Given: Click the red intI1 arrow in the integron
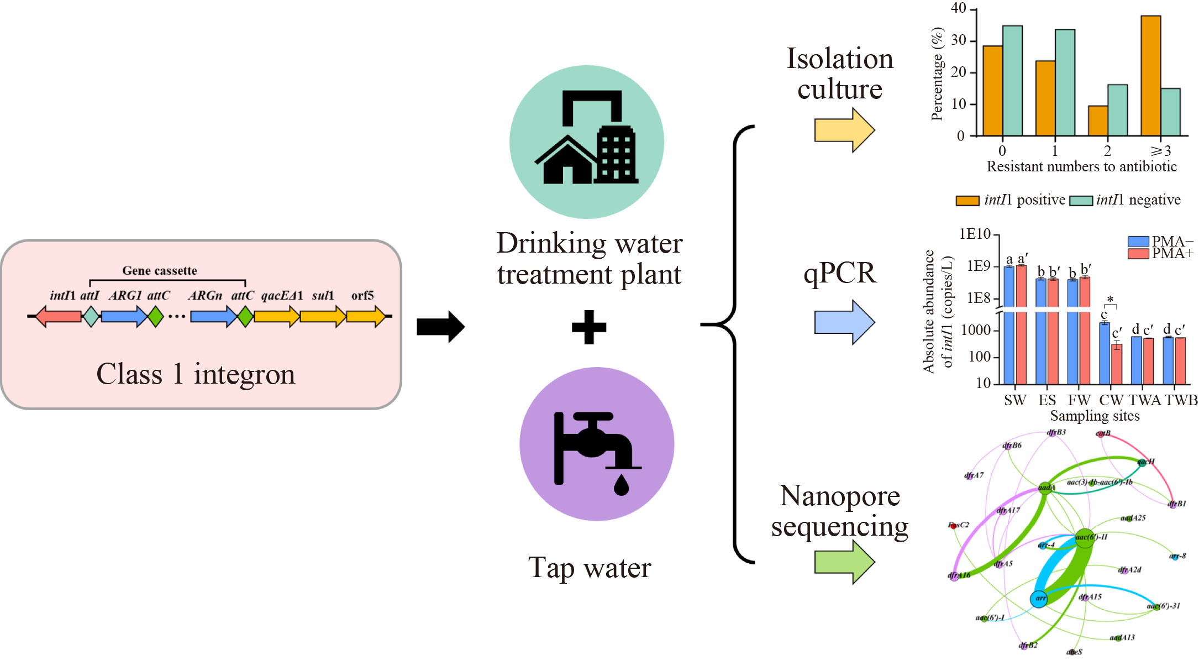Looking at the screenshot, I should point(59,317).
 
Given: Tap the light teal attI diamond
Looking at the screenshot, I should point(91,317).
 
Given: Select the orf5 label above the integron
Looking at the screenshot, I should point(362,296).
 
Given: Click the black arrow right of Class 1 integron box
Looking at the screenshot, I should point(440,327).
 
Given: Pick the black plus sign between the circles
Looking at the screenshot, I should point(589,327).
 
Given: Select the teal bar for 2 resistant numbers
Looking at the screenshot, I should point(1117,110).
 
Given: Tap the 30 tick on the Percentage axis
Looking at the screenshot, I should point(959,40).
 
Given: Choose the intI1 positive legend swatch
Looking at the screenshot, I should point(967,201).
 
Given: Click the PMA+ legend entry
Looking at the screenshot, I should point(1160,254).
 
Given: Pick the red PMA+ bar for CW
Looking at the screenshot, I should point(1117,364).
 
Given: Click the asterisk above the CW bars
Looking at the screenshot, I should point(1110,300).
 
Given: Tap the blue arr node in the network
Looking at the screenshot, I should point(1039,599).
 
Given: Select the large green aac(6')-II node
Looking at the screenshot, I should point(1085,538).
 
